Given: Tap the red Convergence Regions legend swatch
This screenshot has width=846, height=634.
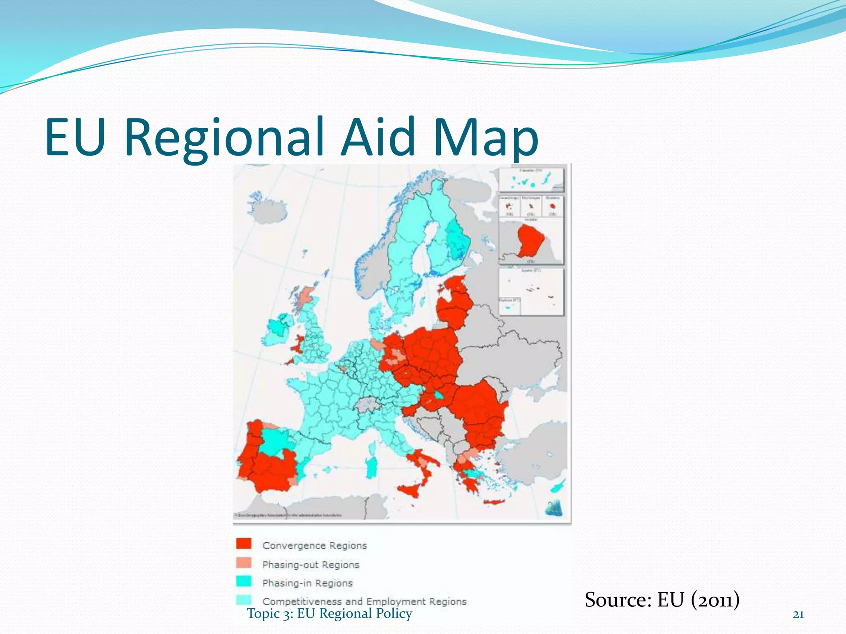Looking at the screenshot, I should [x=244, y=544].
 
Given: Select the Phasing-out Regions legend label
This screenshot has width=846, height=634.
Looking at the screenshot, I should [x=311, y=564].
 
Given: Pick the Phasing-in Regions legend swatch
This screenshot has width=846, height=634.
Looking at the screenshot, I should [x=244, y=581].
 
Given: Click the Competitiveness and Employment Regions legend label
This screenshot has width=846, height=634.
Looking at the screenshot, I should [x=364, y=601].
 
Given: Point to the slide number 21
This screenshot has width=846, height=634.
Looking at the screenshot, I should [x=798, y=615].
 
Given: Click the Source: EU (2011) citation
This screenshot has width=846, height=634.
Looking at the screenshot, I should [x=662, y=600].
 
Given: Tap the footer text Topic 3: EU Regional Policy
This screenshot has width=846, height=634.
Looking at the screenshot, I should [x=329, y=613].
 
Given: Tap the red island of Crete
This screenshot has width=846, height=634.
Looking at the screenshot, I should [x=494, y=502].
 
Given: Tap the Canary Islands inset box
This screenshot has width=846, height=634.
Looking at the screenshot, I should [x=531, y=179].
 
